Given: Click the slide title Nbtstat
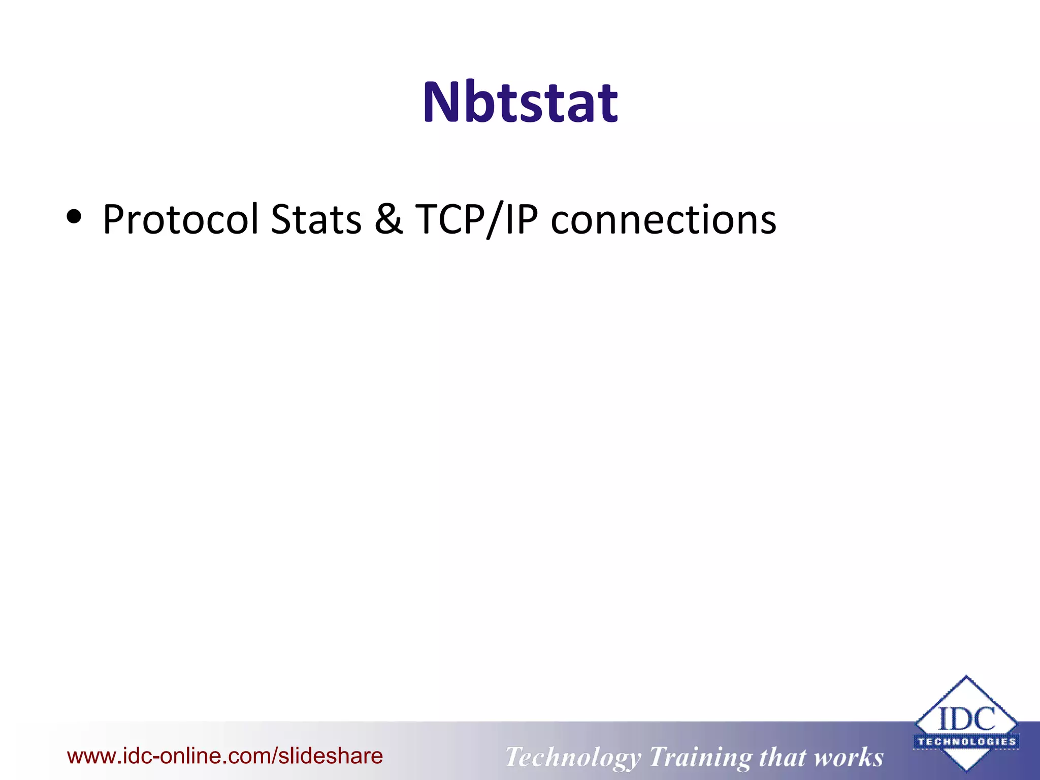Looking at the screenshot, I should coord(520,103).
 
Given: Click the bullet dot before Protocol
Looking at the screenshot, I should coord(74,217).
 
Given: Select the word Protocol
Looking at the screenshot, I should coord(180,219).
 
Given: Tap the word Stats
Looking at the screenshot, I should coord(316,219).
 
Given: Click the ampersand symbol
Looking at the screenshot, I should coord(388,219).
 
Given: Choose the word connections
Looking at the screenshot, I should coord(663,219).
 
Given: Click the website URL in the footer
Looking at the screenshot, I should coord(225,756).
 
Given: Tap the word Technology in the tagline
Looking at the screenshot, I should coord(572,757).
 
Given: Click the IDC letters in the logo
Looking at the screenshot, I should coord(966,720).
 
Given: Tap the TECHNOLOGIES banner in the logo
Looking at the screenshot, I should coord(966,741).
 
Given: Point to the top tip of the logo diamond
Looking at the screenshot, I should coord(966,677).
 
